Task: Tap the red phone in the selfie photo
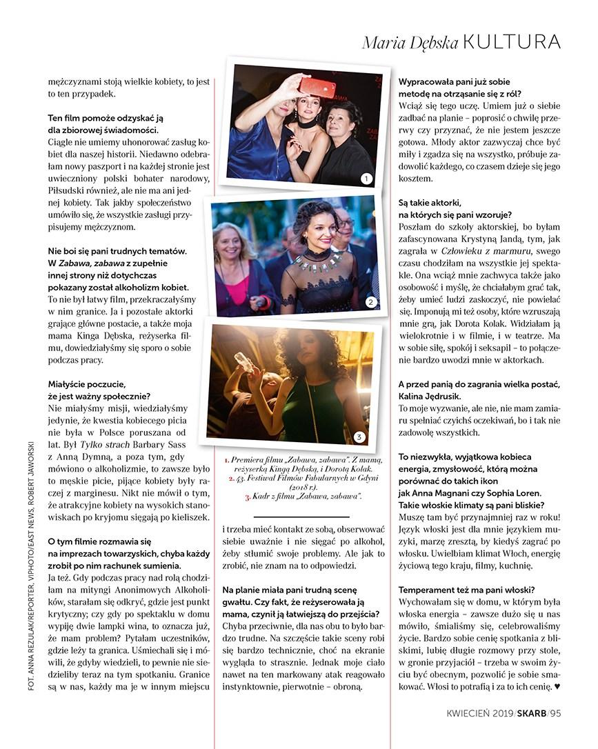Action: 317,87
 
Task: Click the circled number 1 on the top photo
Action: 366,179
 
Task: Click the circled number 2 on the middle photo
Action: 370,302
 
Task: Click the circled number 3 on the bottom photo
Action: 359,437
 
